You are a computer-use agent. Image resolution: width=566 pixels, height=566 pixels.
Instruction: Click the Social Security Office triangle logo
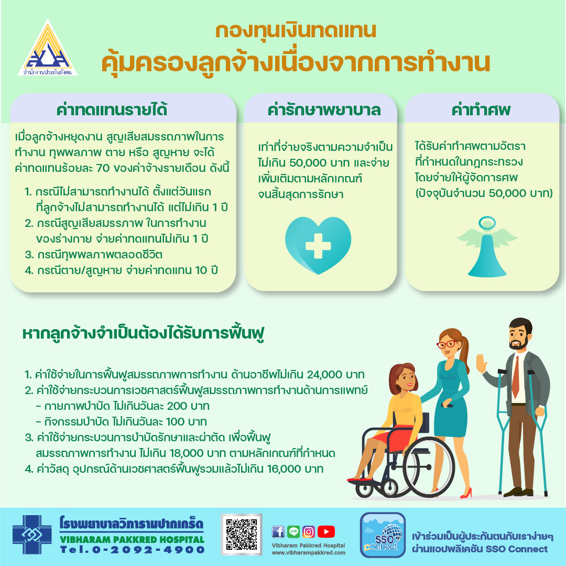(x=48, y=48)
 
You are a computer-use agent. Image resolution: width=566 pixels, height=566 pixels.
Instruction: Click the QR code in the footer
(x=242, y=534)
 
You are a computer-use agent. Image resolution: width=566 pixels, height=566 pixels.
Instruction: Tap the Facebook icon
(x=278, y=532)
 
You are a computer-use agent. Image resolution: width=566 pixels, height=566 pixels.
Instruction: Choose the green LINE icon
(x=293, y=532)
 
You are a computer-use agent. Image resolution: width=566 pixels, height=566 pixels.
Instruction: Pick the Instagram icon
(x=309, y=532)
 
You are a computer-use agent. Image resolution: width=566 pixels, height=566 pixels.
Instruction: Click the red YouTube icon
(x=326, y=532)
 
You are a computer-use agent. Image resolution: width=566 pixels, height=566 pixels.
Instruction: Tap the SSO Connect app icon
(x=383, y=535)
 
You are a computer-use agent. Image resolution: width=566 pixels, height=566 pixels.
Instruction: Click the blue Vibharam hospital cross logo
(x=32, y=535)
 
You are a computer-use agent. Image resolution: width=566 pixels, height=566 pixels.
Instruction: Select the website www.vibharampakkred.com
(x=309, y=553)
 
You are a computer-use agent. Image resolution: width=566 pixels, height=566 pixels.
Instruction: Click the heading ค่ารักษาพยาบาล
(x=324, y=110)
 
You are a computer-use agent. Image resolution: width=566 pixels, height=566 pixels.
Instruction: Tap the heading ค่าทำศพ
(x=481, y=110)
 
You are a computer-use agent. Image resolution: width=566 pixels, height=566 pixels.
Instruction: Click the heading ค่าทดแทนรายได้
(x=112, y=110)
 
